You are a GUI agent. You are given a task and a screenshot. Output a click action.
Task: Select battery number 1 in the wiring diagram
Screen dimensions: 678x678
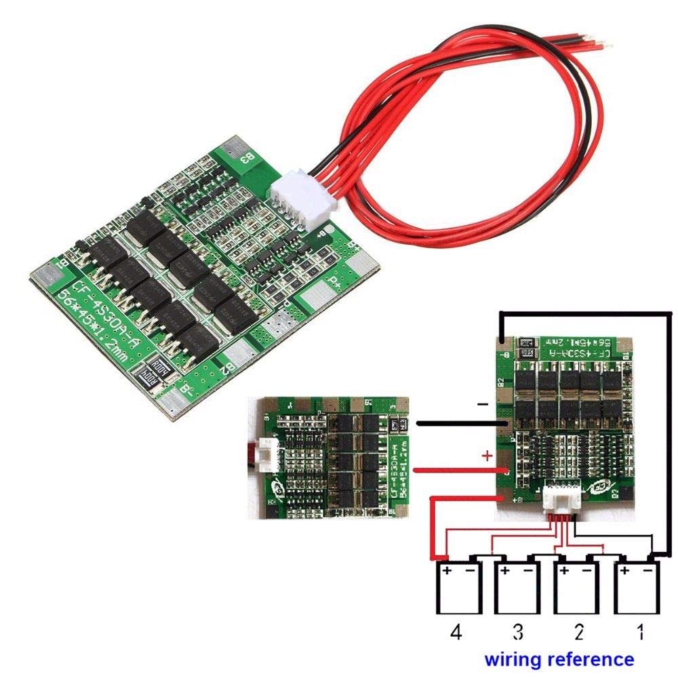[638, 589]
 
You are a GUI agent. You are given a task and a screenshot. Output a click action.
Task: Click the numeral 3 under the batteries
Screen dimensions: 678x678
[518, 633]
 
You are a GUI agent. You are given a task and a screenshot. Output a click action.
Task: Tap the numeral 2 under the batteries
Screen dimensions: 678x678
[578, 633]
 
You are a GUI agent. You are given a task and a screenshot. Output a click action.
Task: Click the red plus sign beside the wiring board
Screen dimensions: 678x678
[486, 456]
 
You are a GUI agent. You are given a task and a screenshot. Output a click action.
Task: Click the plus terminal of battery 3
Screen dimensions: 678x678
[504, 572]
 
